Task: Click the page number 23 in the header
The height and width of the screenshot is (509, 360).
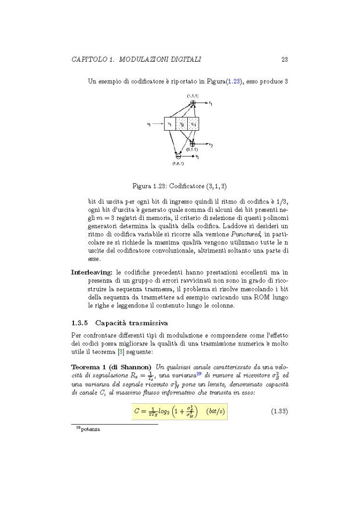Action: point(284,59)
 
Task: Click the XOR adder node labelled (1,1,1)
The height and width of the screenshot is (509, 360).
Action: point(193,103)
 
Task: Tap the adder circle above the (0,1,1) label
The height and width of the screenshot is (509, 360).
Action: point(193,143)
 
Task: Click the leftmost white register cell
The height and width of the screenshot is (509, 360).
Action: point(170,124)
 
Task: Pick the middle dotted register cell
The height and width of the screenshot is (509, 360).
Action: point(181,124)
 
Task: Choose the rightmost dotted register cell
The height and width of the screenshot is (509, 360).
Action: point(193,124)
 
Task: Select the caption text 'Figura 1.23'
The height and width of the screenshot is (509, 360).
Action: point(149,185)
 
